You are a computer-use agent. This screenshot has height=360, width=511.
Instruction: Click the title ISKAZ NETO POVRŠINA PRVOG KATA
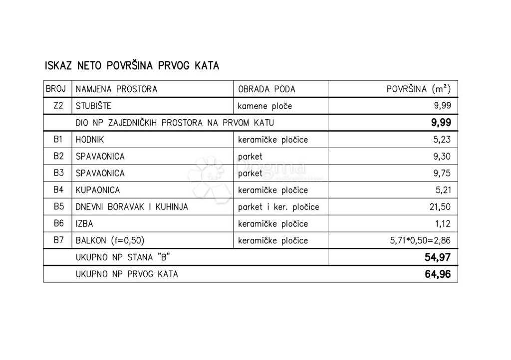click(132, 65)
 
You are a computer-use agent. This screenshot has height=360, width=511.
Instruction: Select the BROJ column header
click(56, 89)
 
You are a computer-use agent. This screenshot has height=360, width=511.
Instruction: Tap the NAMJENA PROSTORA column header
click(116, 89)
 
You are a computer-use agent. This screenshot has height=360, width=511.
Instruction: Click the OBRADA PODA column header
click(266, 89)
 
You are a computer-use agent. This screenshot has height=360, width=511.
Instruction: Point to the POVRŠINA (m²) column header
click(418, 89)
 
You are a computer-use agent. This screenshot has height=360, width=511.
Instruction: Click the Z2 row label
click(58, 106)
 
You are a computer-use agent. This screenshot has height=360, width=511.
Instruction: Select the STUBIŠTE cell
click(93, 106)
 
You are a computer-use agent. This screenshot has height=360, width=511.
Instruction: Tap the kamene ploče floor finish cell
click(264, 106)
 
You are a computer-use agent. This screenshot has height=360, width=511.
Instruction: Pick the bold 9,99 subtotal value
click(441, 123)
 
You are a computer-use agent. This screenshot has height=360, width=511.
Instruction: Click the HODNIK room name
click(90, 140)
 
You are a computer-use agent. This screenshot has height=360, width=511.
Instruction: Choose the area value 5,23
click(442, 140)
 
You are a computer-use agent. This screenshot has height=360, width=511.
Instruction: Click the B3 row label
click(58, 173)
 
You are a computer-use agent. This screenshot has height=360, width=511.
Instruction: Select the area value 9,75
click(442, 173)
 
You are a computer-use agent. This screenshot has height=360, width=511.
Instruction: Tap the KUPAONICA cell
click(98, 190)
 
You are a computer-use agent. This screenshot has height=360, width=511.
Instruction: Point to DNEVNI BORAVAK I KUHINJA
click(132, 207)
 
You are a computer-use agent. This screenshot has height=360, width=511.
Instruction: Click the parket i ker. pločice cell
click(278, 207)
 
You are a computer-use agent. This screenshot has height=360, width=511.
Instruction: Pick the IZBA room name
click(84, 224)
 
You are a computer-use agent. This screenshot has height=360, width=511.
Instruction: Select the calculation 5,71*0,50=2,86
click(420, 240)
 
